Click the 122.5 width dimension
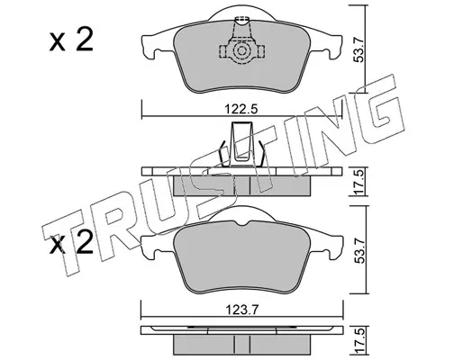[x=241, y=109]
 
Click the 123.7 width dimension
[x=241, y=309]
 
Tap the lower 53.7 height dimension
[x=359, y=250]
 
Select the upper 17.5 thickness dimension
[x=359, y=182]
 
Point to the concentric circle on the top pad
[x=241, y=50]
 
